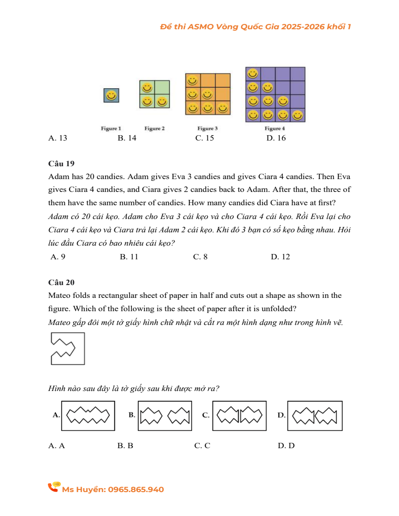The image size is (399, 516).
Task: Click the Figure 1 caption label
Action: coord(111,129)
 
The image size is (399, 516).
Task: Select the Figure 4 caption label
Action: coord(274,129)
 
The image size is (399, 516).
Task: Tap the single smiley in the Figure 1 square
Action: coord(111,95)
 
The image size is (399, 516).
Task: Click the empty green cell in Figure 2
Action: coord(162,87)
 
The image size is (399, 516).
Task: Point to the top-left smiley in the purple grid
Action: coord(253,74)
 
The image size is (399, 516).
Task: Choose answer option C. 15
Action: coord(204,138)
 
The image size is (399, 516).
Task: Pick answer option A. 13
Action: coord(58,138)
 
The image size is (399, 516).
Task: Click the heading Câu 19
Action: coord(62,164)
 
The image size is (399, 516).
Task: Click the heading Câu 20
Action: coord(62,282)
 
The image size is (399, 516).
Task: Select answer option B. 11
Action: coord(129,257)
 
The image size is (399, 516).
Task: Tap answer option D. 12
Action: coord(280,257)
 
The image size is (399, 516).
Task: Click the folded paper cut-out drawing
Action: coord(67,348)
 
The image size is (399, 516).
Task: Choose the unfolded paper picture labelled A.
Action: coord(88,416)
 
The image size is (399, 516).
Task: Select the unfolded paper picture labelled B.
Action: coord(164,416)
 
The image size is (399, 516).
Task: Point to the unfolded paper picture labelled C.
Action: coord(239,416)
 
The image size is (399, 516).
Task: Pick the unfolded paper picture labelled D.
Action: coord(315,416)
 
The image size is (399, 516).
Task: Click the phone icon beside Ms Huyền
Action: coord(54,487)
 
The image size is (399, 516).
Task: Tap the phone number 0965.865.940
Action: coord(136,489)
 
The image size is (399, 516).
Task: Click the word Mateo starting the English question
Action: coord(59,295)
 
